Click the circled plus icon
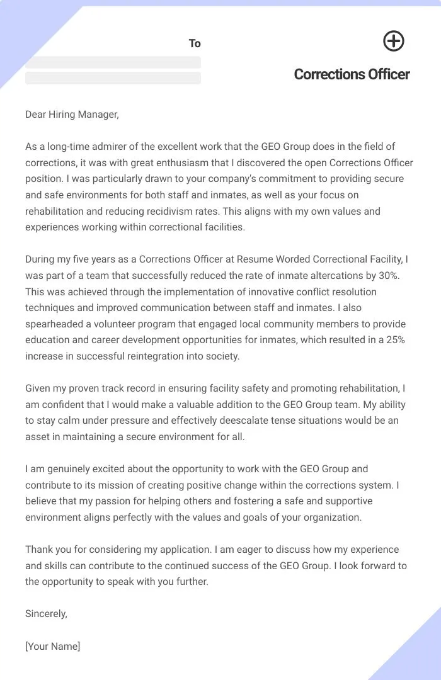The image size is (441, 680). point(394,42)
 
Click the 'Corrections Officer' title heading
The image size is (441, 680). point(352,74)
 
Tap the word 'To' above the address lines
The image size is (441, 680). point(195,43)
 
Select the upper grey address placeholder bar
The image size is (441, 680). point(113,62)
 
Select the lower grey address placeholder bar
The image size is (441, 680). point(113,78)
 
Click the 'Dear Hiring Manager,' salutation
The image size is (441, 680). point(72,114)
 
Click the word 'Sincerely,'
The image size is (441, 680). point(46,614)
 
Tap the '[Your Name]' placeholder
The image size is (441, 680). point(53,647)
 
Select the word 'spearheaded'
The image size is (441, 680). point(52,324)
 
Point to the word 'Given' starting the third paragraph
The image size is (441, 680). point(38,388)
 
